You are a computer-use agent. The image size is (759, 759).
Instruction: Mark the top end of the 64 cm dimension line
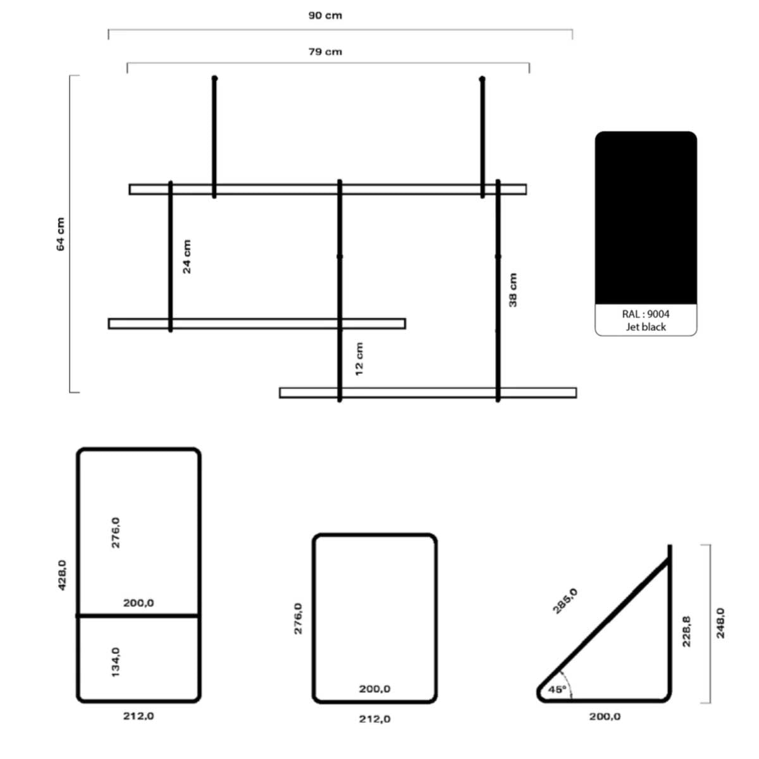click(x=70, y=76)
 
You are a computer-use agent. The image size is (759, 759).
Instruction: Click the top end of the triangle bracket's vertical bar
click(x=670, y=545)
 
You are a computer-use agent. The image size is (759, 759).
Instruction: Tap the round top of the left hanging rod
click(x=214, y=78)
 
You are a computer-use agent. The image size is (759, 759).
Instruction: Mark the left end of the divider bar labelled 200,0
click(x=77, y=615)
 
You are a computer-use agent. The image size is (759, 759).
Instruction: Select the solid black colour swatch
click(x=646, y=218)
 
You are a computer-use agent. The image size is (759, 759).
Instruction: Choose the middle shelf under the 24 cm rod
click(x=257, y=323)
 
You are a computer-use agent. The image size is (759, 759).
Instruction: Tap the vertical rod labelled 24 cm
click(x=171, y=256)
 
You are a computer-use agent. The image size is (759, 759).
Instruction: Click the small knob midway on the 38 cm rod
click(x=498, y=256)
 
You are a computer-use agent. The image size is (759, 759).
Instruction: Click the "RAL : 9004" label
click(x=646, y=314)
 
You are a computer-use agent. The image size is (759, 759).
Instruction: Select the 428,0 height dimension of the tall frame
click(x=62, y=575)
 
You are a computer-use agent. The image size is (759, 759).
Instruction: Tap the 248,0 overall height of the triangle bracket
click(x=720, y=623)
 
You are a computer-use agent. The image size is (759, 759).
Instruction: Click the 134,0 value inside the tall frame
click(x=115, y=662)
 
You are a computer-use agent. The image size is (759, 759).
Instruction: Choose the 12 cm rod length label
click(x=359, y=359)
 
